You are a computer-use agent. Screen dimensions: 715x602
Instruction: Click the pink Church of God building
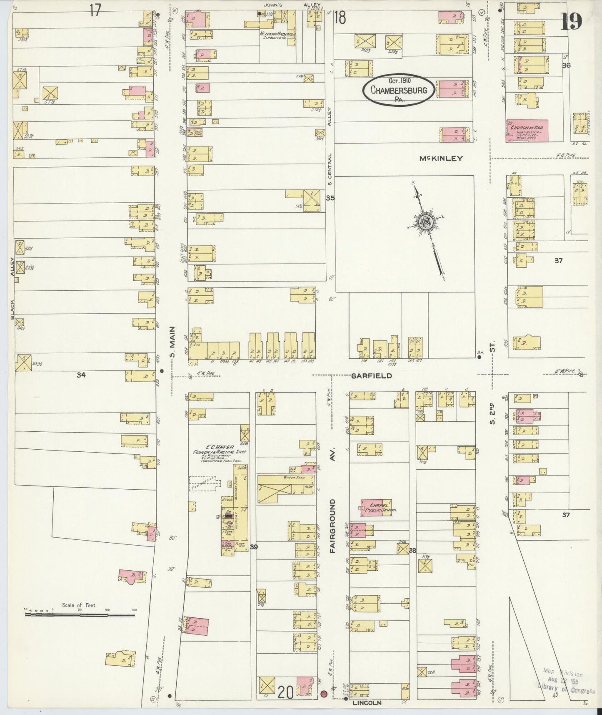pos(527,131)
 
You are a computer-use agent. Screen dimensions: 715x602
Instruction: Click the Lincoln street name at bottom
pos(367,702)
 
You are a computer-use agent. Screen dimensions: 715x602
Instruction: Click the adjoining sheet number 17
pos(95,10)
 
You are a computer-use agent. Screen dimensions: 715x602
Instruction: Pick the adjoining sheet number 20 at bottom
pos(285,692)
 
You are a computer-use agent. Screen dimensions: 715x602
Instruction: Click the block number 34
pos(81,375)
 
